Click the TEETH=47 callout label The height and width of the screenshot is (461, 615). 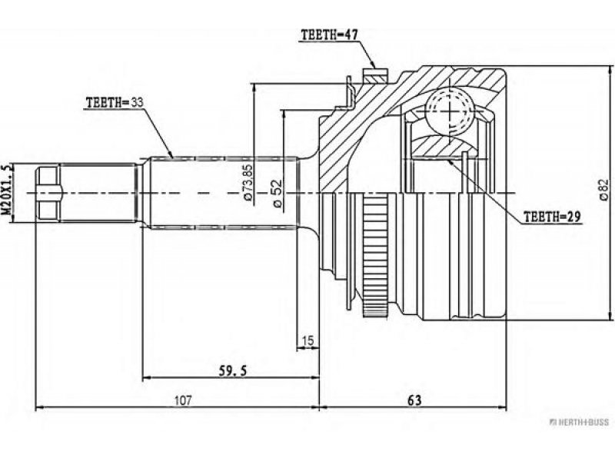pos(330,35)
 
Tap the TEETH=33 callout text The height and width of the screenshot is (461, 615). pos(115,103)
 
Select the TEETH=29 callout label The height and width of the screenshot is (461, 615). pos(552,217)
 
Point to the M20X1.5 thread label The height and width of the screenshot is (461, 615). pos(8,189)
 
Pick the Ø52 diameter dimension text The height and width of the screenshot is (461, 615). pos(278,194)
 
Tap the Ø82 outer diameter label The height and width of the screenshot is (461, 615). pos(604,193)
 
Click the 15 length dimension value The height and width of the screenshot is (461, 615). pos(308,340)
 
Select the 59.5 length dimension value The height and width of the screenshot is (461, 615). pos(233,370)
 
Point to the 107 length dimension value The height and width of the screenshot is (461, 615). pos(183,400)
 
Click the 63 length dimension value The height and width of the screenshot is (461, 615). pos(414,400)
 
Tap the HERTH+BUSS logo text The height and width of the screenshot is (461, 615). pos(580,422)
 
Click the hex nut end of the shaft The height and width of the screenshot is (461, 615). pos(48,193)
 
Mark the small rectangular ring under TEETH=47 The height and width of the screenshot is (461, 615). pos(375,75)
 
